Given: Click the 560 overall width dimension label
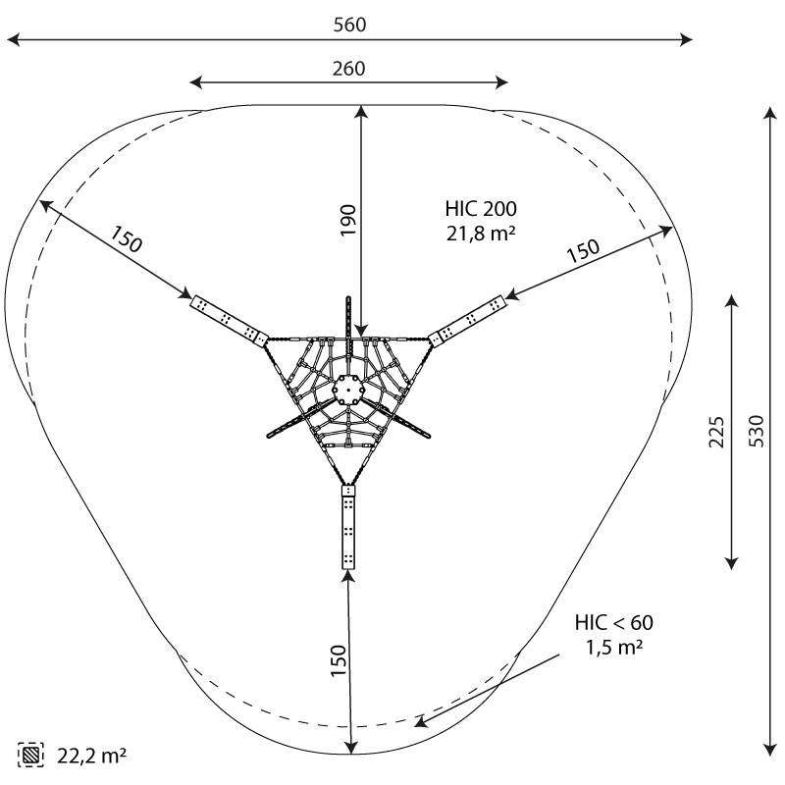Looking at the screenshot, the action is pyautogui.click(x=350, y=25).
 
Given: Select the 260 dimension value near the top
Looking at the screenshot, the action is pyautogui.click(x=349, y=69).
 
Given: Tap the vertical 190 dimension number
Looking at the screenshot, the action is pyautogui.click(x=348, y=220).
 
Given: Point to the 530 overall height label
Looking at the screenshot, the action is pyautogui.click(x=757, y=431).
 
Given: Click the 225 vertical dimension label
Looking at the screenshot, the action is pyautogui.click(x=716, y=432).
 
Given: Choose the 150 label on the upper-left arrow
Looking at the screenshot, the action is pyautogui.click(x=126, y=239).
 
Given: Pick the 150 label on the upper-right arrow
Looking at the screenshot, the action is pyautogui.click(x=583, y=251).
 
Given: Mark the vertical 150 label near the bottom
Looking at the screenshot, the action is pyautogui.click(x=339, y=660).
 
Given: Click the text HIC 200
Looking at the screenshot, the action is pyautogui.click(x=481, y=209).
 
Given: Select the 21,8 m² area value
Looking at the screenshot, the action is pyautogui.click(x=481, y=234).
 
